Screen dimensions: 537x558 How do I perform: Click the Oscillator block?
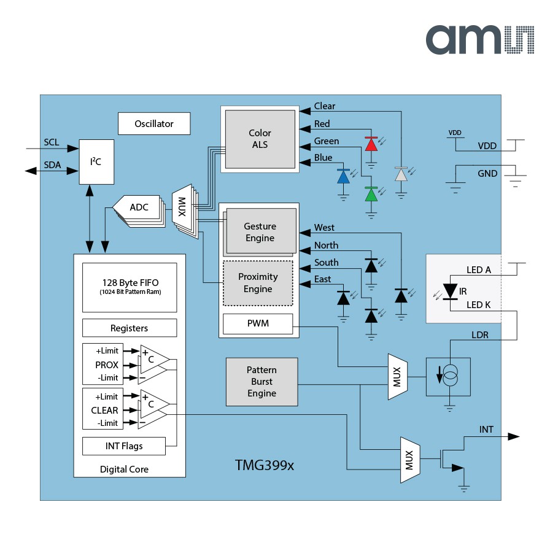point(154,123)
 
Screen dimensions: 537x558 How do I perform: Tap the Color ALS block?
point(260,139)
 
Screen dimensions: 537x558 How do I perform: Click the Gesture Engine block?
point(258,232)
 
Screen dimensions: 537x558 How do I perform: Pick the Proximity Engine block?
point(258,283)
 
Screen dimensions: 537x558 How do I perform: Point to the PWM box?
point(258,323)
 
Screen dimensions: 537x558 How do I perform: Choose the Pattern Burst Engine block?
point(262,382)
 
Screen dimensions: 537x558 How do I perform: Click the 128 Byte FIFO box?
point(129,287)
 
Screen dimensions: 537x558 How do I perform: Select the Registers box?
point(129,328)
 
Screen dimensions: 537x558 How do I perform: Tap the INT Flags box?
point(123,446)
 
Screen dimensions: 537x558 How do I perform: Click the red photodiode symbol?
point(371,145)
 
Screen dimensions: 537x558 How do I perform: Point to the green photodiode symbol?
point(371,194)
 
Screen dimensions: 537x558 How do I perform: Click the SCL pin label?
point(52,142)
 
